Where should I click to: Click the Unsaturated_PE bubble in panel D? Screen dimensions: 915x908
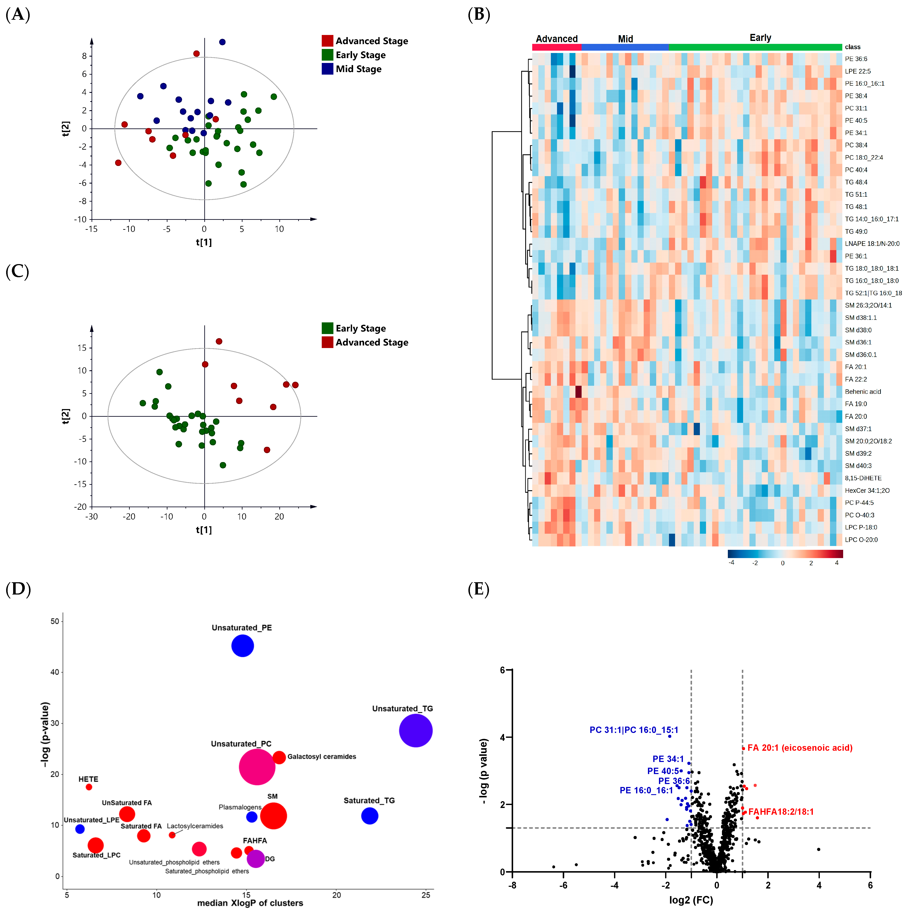242,646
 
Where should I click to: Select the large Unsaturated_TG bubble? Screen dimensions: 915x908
415,731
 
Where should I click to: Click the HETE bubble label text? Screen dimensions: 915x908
88,779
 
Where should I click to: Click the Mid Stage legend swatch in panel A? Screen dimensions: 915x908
327,69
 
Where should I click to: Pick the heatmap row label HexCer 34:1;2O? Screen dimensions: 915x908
867,491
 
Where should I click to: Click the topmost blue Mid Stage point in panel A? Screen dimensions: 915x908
222,42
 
